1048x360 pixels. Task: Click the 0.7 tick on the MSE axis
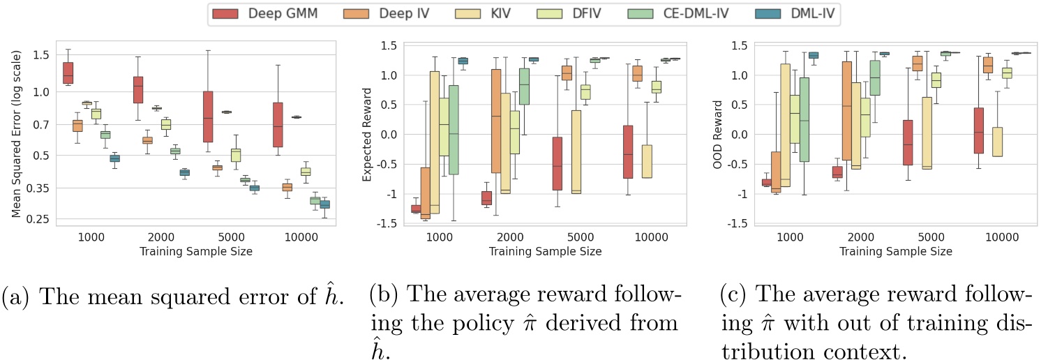coord(36,124)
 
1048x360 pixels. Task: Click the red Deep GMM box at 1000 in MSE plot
coord(68,73)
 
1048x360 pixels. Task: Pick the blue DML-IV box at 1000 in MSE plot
coord(114,158)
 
